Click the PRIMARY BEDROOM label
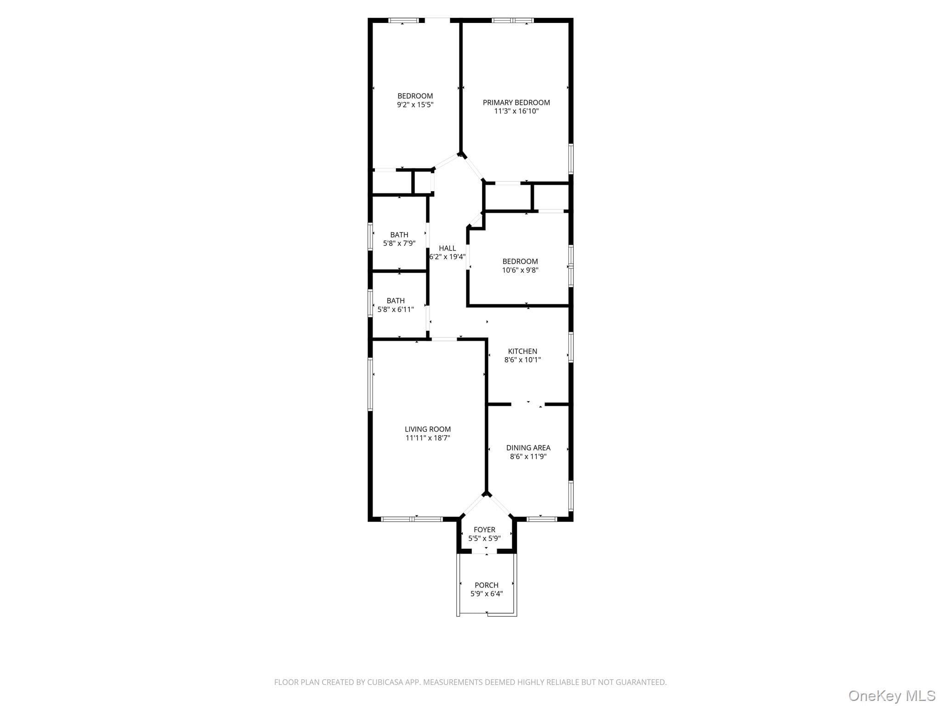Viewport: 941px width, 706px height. (516, 102)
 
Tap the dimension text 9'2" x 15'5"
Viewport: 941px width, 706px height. (415, 105)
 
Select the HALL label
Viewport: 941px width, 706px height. (448, 248)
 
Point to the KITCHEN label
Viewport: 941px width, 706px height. (522, 351)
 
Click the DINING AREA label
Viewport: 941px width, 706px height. (528, 448)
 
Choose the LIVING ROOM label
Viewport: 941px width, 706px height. (428, 429)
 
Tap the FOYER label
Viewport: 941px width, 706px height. (485, 529)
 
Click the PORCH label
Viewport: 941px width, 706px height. (487, 585)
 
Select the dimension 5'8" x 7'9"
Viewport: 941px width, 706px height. (399, 243)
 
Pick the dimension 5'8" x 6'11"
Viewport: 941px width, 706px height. (396, 309)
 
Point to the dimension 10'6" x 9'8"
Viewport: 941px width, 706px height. (520, 270)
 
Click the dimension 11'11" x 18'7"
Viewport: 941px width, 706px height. (428, 438)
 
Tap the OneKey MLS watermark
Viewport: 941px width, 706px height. (892, 695)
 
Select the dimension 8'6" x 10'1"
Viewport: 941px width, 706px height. (522, 360)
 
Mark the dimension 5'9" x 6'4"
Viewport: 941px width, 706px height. (487, 594)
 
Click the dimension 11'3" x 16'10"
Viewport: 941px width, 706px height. (516, 111)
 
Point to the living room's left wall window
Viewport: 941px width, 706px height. (370, 384)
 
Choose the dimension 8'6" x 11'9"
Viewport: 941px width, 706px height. (528, 456)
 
